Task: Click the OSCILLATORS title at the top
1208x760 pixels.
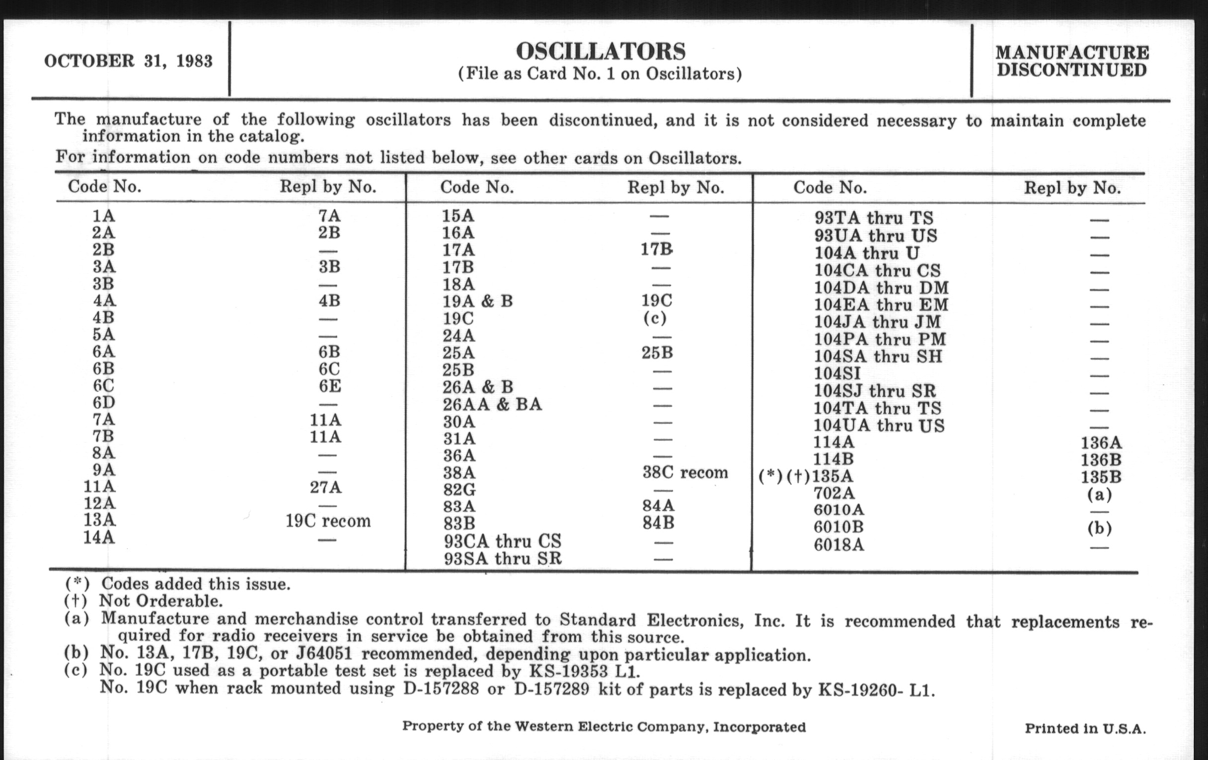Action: pyautogui.click(x=601, y=51)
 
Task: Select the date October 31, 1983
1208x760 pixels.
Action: pyautogui.click(x=129, y=61)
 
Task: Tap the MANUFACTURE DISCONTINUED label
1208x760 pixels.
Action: pyautogui.click(x=1071, y=61)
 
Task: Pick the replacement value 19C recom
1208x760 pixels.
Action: pyautogui.click(x=328, y=521)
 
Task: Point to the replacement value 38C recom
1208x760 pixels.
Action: pyautogui.click(x=685, y=472)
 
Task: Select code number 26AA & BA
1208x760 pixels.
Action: pyautogui.click(x=492, y=404)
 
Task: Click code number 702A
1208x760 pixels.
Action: pyautogui.click(x=834, y=493)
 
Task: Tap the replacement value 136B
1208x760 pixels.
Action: pyautogui.click(x=1101, y=460)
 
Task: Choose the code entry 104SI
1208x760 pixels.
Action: pyautogui.click(x=837, y=374)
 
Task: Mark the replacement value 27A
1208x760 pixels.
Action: pyautogui.click(x=325, y=487)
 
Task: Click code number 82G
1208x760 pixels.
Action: pyautogui.click(x=459, y=489)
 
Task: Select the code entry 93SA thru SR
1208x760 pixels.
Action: pyautogui.click(x=502, y=558)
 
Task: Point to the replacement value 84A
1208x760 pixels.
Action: pyautogui.click(x=658, y=506)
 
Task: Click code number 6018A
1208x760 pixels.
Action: pyautogui.click(x=839, y=545)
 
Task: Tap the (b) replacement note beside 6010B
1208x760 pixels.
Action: pyautogui.click(x=1099, y=528)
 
